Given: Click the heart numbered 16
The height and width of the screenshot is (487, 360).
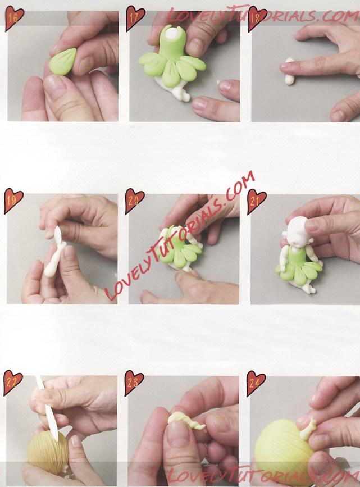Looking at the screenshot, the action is [13, 19].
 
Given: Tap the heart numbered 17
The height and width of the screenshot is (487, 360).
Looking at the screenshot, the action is [135, 19].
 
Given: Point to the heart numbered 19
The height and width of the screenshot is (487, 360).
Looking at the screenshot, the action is [13, 201].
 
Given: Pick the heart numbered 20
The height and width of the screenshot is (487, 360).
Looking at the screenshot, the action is [134, 201].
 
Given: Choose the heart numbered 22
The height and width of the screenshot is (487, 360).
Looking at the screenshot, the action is [12, 383].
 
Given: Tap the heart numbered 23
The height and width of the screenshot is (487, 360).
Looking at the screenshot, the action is [134, 383].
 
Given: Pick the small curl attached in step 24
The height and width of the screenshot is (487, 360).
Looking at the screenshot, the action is [308, 429].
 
